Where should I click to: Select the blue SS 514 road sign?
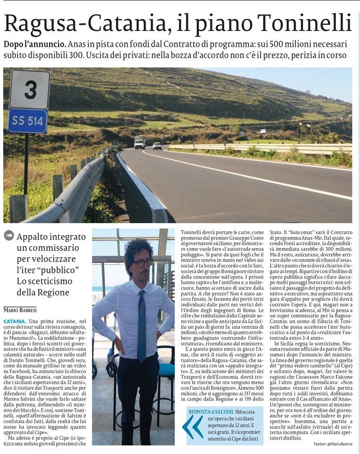point(28,121)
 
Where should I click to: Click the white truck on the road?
point(139,142)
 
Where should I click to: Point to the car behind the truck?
point(157,146)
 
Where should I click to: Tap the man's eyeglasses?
point(143,262)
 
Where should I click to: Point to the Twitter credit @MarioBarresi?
point(333,444)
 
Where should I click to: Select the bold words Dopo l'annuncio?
point(34,44)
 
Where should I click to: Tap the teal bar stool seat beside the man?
point(165,369)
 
